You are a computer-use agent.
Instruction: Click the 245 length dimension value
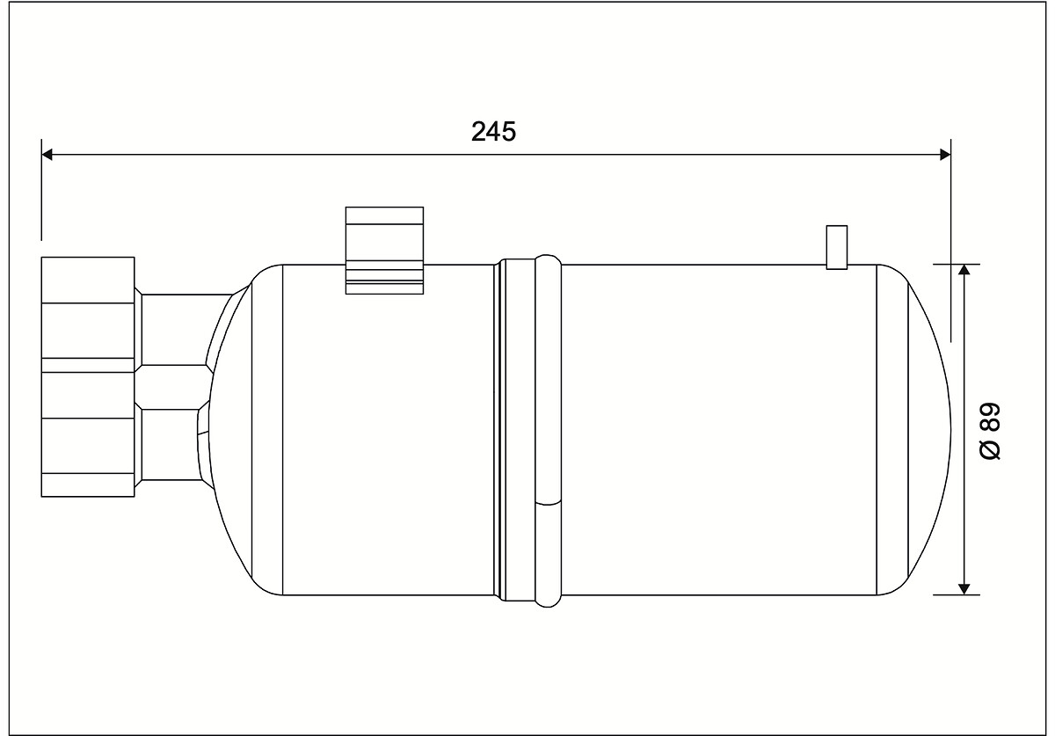pos(493,132)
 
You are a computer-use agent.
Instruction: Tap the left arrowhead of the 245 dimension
pos(47,154)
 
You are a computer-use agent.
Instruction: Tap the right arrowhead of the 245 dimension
pos(945,154)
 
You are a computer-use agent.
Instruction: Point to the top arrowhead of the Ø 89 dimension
pos(964,270)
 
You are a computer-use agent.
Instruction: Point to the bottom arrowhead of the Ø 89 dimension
pos(964,589)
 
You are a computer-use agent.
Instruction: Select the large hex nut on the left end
pos(88,377)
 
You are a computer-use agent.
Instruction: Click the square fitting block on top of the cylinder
pos(384,251)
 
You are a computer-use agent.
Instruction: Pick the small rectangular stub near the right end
pos(837,247)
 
